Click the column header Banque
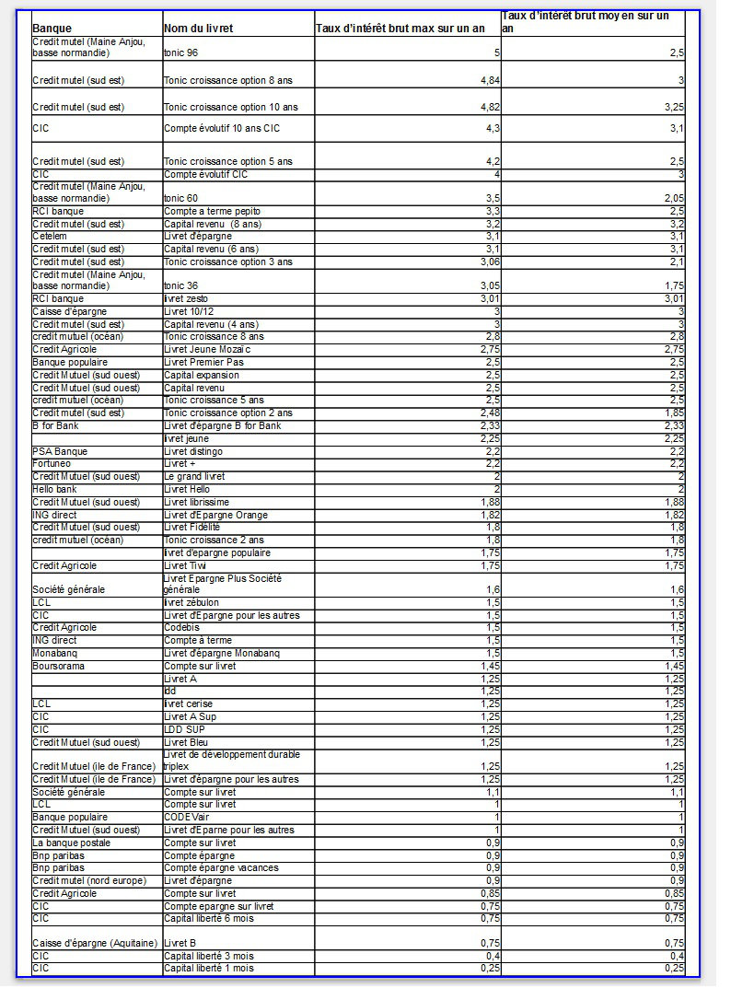(x=52, y=29)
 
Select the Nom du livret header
(x=198, y=29)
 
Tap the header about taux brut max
(x=400, y=29)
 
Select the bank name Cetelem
(x=49, y=237)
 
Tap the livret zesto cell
(x=191, y=298)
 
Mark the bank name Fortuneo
(x=52, y=464)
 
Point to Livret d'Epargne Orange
(x=215, y=515)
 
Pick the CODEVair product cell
(x=189, y=817)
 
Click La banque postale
(x=72, y=843)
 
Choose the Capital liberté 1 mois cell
(x=208, y=968)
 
